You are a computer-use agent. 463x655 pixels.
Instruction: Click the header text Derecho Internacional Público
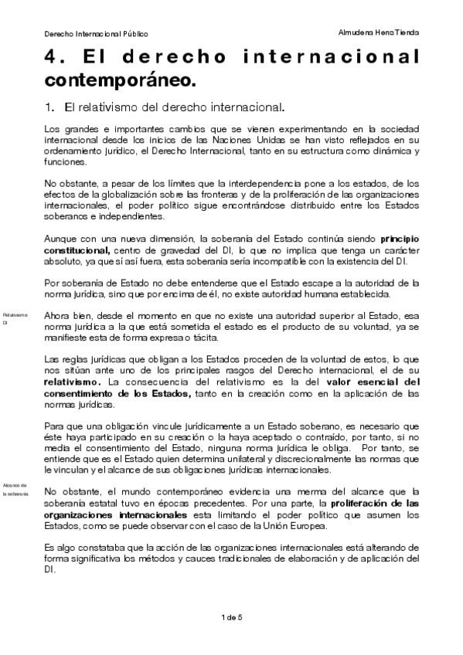click(96, 34)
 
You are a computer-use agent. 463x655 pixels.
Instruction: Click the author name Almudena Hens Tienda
click(380, 33)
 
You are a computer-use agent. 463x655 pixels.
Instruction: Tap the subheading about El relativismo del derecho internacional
click(169, 104)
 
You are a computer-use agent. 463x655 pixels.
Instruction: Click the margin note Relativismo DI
click(15, 318)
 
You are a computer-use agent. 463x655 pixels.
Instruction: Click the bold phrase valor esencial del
click(371, 382)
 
